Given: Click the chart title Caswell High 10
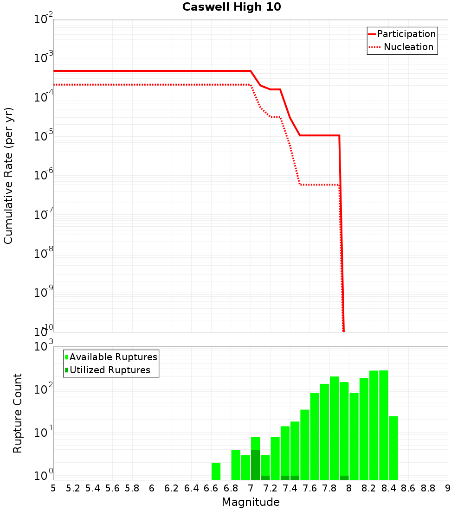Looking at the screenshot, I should [232, 7].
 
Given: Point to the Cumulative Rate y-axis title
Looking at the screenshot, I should [8, 175].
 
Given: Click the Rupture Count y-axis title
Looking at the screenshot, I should [18, 413].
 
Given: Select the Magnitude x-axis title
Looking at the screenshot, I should [251, 502].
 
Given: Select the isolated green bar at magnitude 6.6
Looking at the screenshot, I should [216, 471].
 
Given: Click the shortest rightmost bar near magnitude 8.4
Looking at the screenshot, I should [393, 448].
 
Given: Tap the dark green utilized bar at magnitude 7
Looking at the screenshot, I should [255, 465].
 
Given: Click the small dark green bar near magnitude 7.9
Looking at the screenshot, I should [344, 478].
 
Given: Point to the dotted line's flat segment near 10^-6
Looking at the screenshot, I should [320, 185].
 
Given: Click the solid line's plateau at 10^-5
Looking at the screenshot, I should [320, 135].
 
